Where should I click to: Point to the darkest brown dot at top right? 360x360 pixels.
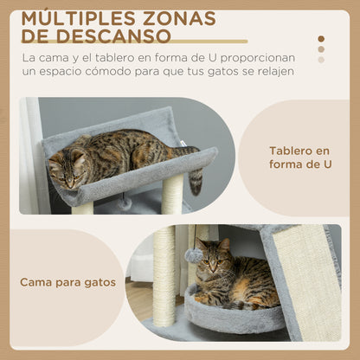321,39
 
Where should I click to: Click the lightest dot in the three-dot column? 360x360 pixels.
321,60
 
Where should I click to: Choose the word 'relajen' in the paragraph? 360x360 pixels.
273,71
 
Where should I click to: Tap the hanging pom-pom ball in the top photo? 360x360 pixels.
126,202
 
